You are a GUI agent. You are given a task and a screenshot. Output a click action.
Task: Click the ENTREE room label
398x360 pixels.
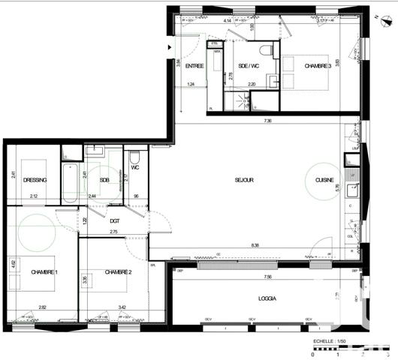195,67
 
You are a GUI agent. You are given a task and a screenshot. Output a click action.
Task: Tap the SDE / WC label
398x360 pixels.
249,67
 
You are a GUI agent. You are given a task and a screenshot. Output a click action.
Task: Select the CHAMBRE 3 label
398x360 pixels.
317,67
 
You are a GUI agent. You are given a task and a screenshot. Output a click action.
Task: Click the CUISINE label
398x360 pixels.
324,180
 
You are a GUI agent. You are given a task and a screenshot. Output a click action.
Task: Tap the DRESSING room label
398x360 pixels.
35,180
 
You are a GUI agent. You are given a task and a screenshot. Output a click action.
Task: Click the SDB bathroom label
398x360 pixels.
104,180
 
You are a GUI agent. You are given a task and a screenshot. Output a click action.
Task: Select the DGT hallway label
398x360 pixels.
114,220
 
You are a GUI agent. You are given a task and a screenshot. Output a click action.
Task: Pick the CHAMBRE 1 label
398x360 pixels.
44,271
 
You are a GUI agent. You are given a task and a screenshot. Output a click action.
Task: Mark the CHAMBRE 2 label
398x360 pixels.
118,271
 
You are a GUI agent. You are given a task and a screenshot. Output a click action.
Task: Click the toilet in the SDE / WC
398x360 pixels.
265,49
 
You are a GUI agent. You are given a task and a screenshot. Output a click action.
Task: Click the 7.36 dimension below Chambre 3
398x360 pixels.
267,120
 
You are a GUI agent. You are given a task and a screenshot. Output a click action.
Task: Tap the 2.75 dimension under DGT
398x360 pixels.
114,232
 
